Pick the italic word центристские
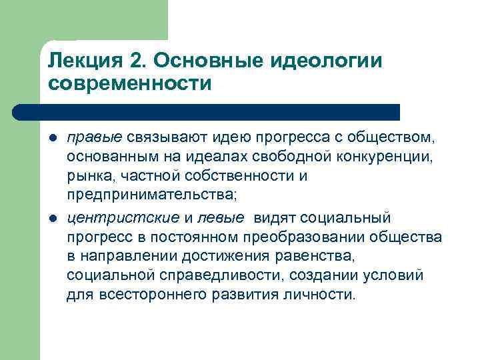click(123, 219)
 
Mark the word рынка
click(87, 177)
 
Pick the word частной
click(140, 177)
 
